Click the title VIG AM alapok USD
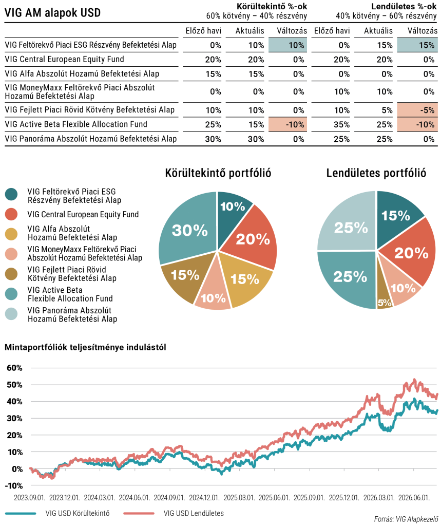(x=53, y=13)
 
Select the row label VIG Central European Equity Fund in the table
(x=64, y=60)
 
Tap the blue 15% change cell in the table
(x=417, y=45)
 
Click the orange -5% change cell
(x=417, y=110)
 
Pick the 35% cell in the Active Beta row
(x=341, y=124)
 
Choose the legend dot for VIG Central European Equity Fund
(x=11, y=215)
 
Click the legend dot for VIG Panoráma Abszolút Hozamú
(x=11, y=314)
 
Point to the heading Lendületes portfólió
(x=376, y=173)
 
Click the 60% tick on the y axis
(x=14, y=368)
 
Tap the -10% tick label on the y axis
(x=14, y=486)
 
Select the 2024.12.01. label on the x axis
(x=204, y=498)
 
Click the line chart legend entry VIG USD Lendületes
(x=194, y=513)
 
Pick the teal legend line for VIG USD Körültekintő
(x=21, y=513)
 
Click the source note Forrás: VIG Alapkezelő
(x=406, y=519)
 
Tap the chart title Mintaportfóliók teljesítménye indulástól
(x=86, y=348)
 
